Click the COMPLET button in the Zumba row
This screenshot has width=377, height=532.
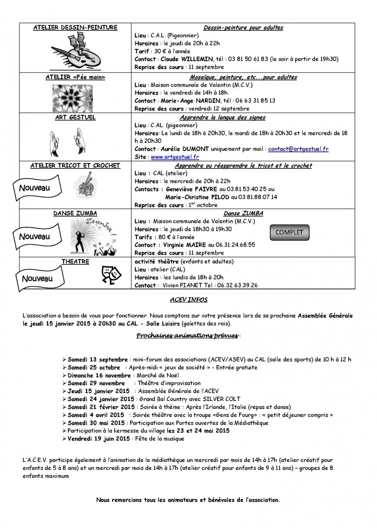pos(289,232)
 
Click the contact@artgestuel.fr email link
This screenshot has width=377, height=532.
pos(298,149)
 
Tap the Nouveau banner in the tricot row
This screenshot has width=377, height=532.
pos(35,188)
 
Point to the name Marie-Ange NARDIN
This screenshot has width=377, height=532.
pos(188,101)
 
